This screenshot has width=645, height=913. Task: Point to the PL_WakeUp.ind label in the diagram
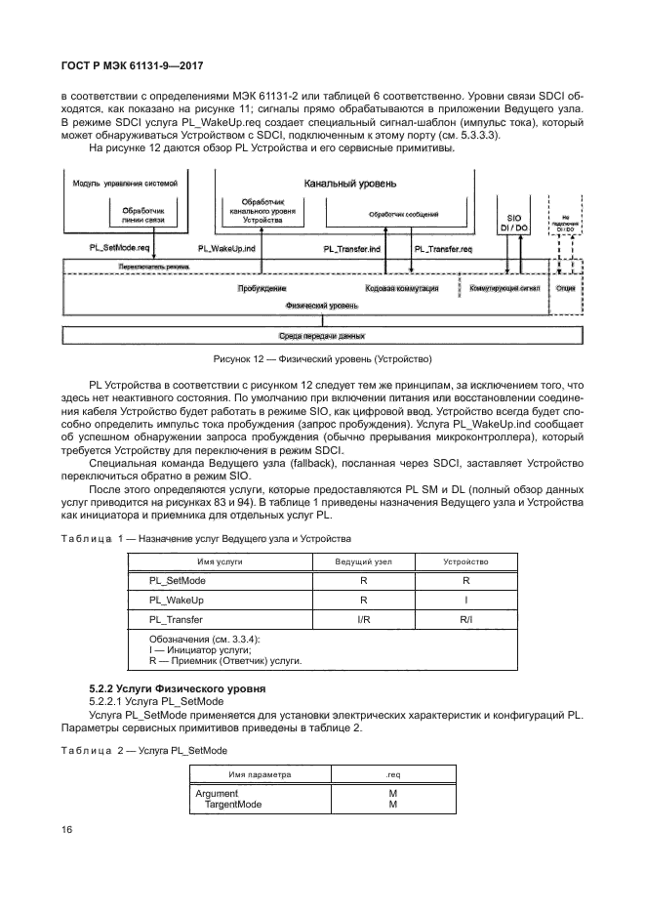coord(226,249)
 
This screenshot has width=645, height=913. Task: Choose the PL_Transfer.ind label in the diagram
coord(352,249)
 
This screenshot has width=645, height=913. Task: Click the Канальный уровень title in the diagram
coord(349,183)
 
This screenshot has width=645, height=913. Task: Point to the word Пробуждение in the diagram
coord(262,289)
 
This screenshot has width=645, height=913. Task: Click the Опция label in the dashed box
coord(565,289)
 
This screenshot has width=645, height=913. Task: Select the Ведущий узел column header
coord(363,562)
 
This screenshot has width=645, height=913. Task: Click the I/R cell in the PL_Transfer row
coord(363,619)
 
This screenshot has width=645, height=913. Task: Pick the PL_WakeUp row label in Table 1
coord(176,600)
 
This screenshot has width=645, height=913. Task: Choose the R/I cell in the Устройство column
coord(465,619)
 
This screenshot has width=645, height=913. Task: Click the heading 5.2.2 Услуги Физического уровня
coord(184,690)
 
